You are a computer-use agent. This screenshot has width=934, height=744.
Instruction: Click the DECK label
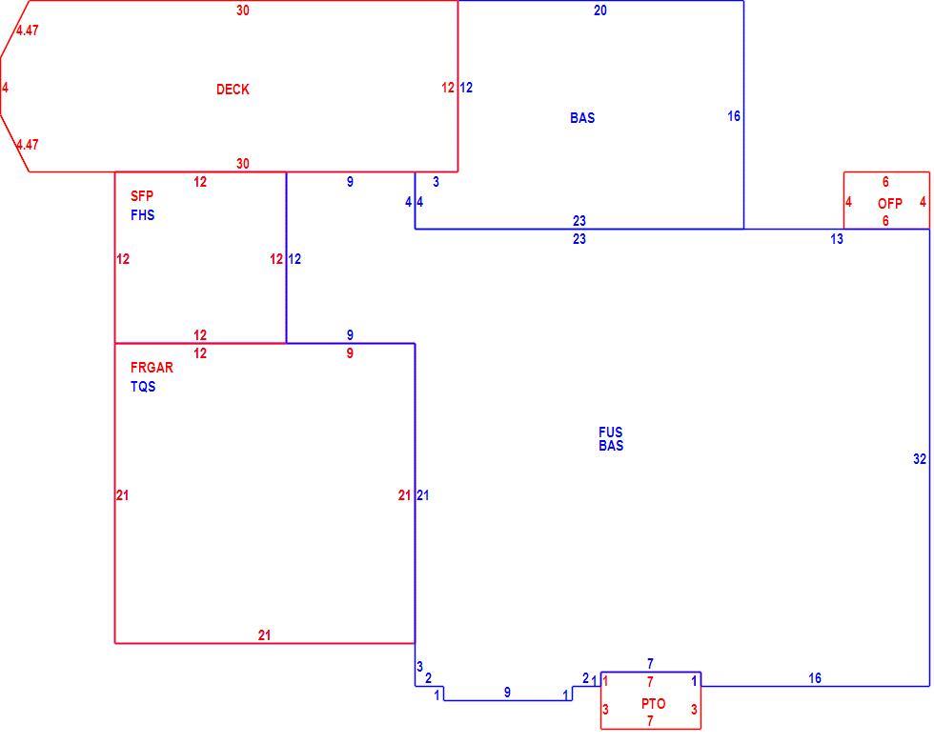[233, 90]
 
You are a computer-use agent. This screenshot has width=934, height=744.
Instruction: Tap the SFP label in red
[142, 196]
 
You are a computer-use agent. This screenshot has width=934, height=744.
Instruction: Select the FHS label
[142, 215]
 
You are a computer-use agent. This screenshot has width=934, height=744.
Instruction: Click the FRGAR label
[152, 368]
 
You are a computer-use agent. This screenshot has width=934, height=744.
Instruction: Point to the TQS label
[143, 386]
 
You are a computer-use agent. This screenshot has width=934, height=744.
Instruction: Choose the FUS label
[611, 432]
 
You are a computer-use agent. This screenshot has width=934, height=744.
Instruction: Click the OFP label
[889, 204]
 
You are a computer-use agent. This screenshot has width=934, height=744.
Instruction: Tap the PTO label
[653, 704]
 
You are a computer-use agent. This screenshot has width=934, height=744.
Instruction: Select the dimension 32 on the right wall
[920, 459]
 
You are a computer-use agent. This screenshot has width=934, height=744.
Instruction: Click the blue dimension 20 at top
[599, 10]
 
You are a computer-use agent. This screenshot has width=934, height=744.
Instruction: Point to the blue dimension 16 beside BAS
[734, 116]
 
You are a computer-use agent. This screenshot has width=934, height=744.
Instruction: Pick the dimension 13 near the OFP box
[837, 239]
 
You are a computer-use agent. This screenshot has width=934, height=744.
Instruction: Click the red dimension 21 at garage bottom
[265, 635]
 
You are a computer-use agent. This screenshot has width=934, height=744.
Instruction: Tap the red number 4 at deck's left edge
[6, 88]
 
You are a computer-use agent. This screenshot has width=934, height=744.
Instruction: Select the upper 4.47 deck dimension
[28, 30]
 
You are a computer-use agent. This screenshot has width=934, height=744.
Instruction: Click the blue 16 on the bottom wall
[815, 678]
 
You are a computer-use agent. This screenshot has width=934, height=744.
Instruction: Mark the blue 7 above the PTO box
[650, 663]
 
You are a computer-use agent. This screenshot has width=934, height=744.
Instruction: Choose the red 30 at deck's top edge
[242, 10]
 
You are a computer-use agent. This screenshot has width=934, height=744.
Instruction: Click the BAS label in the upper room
[582, 118]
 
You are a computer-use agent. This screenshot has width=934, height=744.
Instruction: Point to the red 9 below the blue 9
[350, 353]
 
